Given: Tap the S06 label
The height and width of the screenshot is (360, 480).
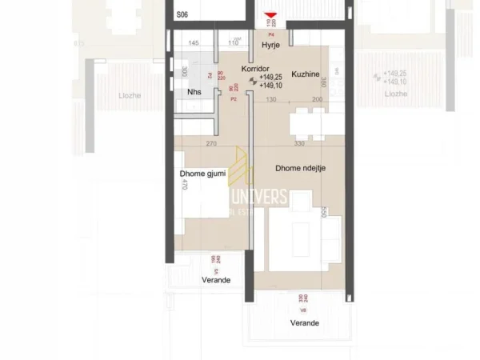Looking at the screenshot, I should (182, 14).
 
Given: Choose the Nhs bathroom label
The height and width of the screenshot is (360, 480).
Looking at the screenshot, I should (194, 91).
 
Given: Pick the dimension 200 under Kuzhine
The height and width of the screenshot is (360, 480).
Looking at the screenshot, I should (317, 99).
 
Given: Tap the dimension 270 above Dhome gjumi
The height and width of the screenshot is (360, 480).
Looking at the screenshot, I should (210, 144).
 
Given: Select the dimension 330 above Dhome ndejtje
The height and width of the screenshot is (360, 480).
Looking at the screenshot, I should (299, 144).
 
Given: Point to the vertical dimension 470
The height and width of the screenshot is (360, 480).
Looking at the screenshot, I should (183, 185).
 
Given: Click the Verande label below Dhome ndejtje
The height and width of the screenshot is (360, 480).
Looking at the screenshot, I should (305, 322).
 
